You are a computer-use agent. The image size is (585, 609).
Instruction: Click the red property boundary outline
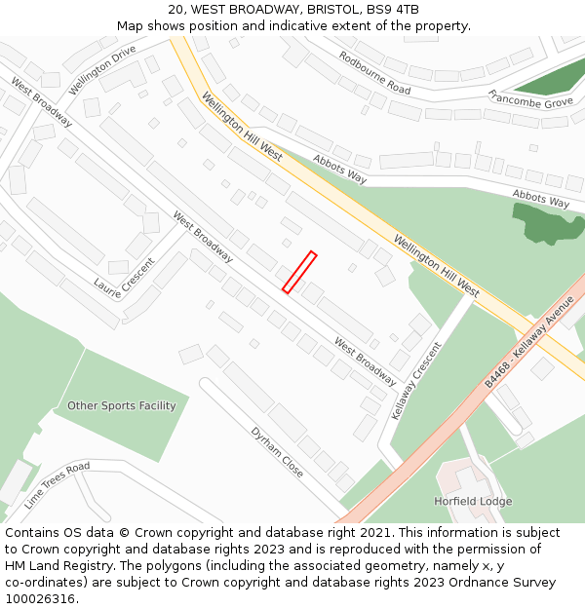click(299, 272)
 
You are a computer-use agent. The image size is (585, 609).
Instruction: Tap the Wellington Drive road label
click(102, 70)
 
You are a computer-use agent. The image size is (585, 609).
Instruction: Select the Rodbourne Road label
click(374, 72)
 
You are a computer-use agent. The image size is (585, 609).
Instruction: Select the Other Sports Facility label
click(121, 405)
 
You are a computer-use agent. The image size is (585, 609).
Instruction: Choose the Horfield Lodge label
click(472, 502)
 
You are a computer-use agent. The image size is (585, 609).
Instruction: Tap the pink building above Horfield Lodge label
click(462, 478)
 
